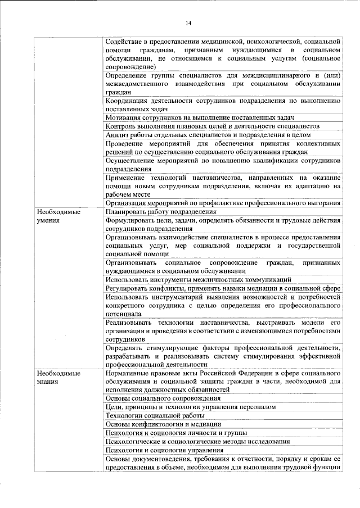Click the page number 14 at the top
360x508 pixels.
pos(188,22)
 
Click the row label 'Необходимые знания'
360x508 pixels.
pos(58,378)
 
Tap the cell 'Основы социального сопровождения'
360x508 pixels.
pos(163,398)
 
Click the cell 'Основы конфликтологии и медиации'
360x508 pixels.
pos(163,424)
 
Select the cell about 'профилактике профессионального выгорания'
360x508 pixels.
pos(223,203)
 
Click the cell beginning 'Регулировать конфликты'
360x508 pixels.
pos(223,288)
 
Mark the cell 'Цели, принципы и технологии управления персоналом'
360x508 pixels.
pos(191,407)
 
